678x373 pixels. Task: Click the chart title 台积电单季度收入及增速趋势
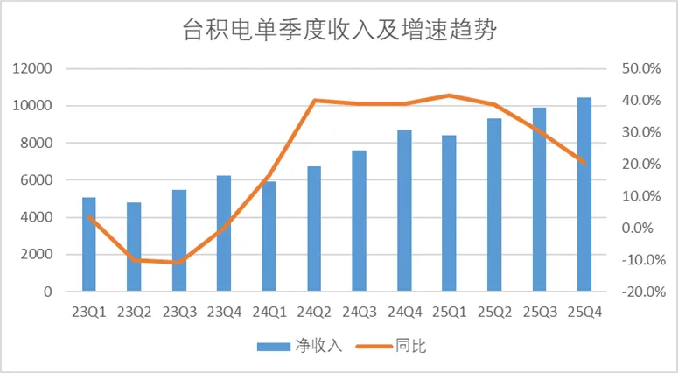coord(339,32)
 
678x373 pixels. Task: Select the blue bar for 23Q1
coord(88,245)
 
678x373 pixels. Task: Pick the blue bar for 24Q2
coord(314,229)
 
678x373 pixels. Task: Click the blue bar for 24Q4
coord(404,211)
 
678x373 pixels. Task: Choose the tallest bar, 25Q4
coord(584,194)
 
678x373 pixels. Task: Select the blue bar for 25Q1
coord(450,214)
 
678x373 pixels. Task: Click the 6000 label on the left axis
coord(39,180)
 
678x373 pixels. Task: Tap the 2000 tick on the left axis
coord(39,255)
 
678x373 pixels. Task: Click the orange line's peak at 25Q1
coord(450,95)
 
